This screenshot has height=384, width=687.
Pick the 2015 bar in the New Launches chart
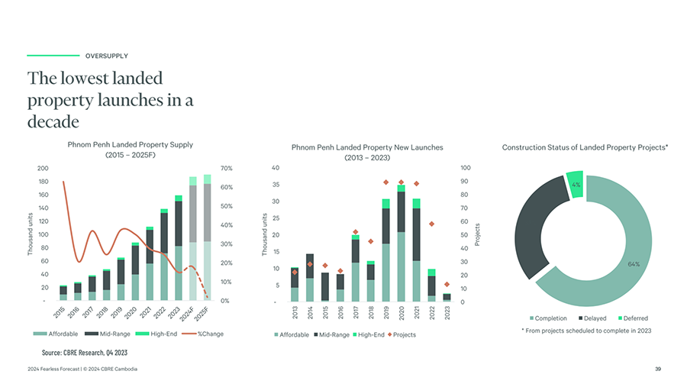point(324,286)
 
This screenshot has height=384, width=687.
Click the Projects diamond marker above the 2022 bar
point(431,224)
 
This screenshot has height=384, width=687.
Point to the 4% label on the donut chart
point(576,185)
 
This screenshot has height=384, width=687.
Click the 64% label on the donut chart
point(633,264)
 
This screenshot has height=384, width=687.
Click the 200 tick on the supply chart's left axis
point(43,168)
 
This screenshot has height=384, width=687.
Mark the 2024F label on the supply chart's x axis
point(189,314)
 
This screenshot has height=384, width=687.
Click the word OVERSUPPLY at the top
point(106,56)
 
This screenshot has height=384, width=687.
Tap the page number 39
point(658,369)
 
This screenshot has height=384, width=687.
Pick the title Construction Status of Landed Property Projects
point(585,147)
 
